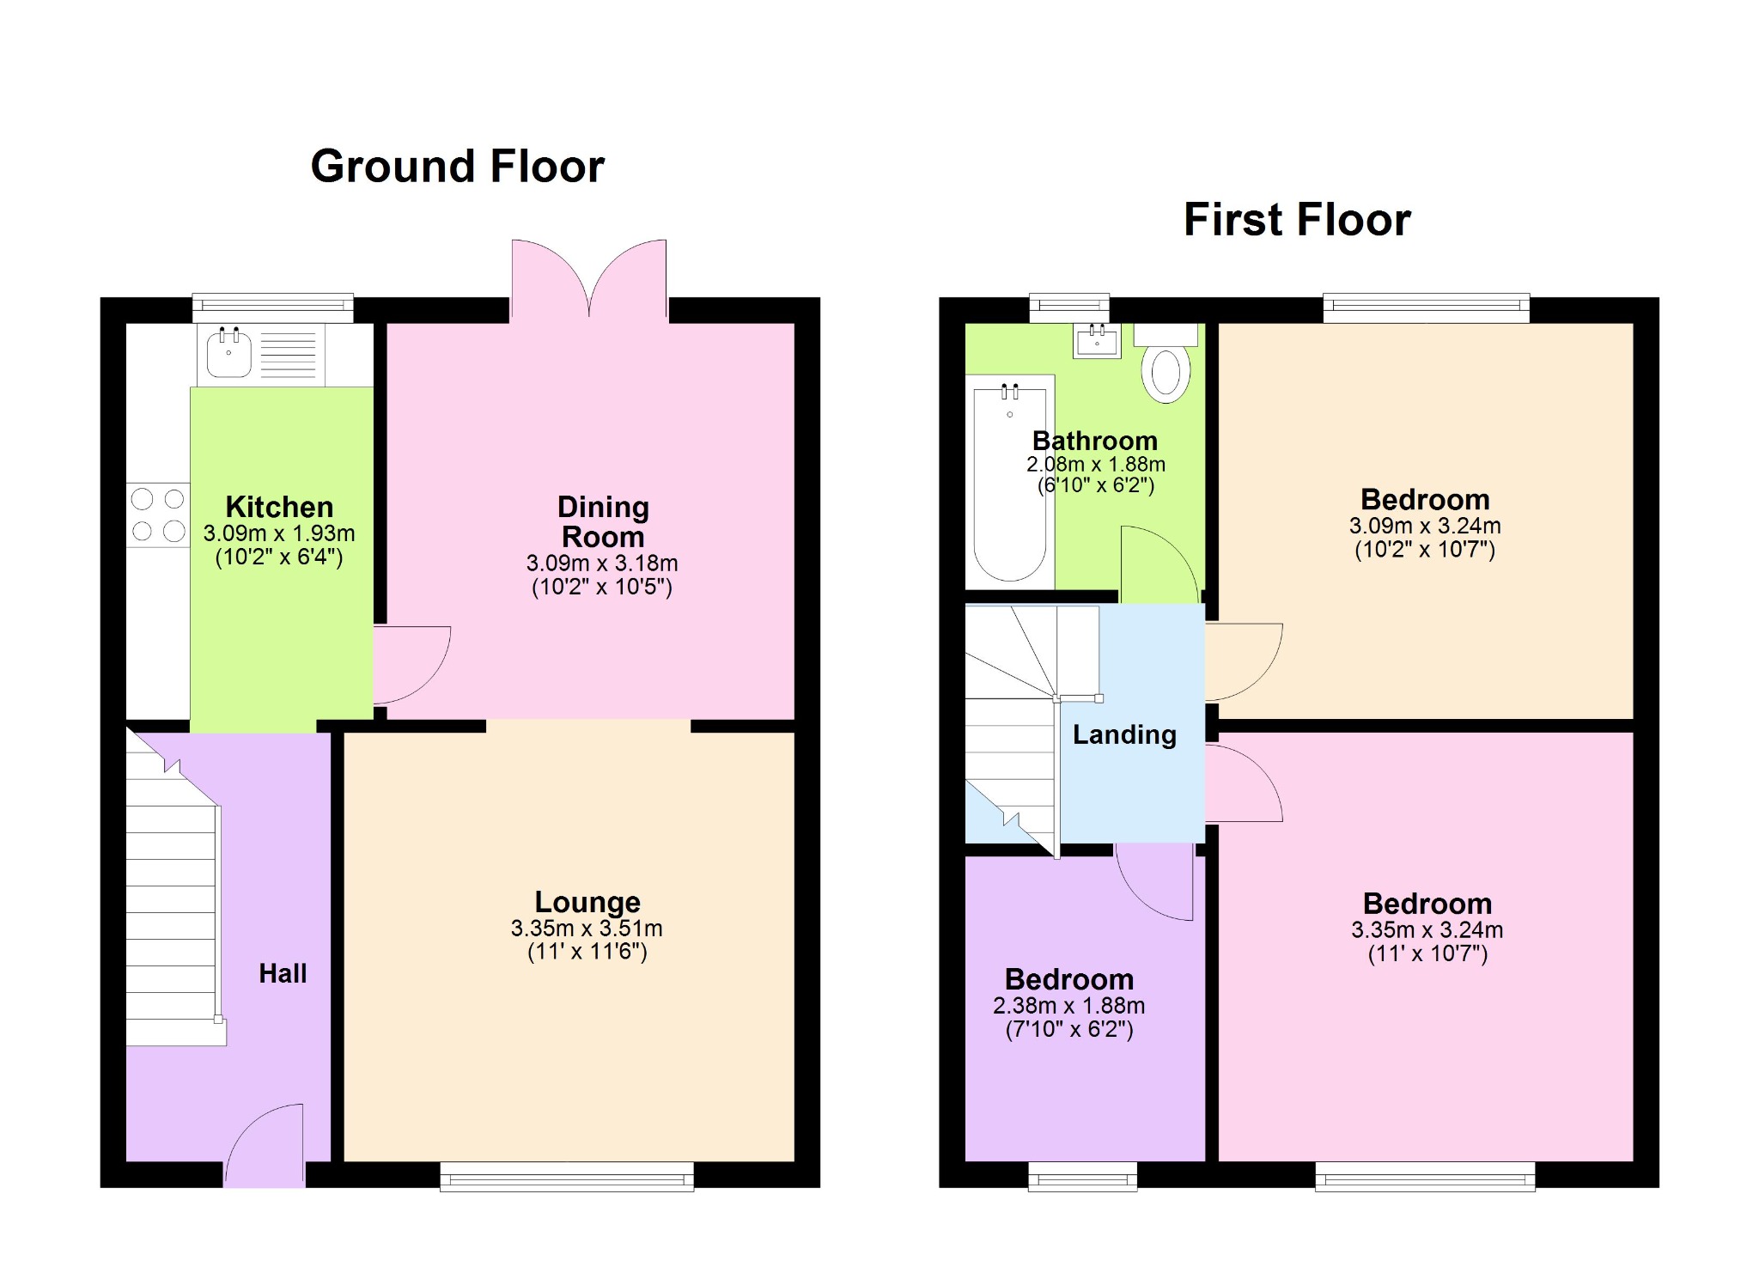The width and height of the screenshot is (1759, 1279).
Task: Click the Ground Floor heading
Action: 457,166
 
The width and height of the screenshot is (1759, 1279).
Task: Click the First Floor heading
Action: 1296,219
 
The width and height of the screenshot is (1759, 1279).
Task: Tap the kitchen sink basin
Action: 228,354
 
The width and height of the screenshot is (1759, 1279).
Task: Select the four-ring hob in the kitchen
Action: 158,515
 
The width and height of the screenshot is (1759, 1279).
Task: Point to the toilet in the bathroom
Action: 1166,367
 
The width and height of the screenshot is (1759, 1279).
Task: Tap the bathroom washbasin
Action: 1097,341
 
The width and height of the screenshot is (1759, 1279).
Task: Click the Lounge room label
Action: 587,902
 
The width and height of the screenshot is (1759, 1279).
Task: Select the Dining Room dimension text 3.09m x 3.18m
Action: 602,563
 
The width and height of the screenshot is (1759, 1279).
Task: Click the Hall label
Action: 283,973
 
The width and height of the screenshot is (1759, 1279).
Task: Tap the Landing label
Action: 1124,734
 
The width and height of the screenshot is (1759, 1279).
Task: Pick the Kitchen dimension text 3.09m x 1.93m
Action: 279,533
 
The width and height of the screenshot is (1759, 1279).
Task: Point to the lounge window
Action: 567,1177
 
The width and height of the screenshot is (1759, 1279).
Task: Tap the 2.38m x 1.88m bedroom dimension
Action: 1068,1006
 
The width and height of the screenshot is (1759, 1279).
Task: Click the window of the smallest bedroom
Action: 1082,1177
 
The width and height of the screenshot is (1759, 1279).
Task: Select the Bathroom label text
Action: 1094,441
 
